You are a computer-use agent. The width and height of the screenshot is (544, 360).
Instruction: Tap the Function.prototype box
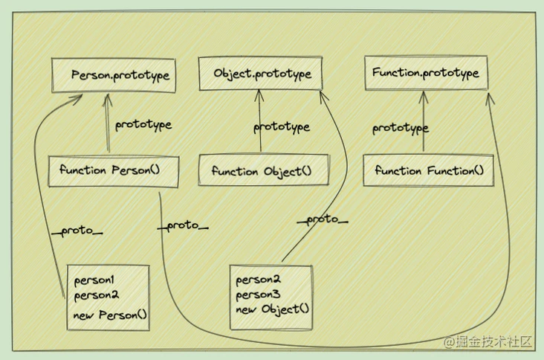pyautogui.click(x=426, y=73)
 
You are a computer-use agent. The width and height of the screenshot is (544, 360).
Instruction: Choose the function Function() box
pyautogui.click(x=428, y=170)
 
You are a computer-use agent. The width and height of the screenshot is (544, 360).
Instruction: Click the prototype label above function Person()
pyautogui.click(x=143, y=124)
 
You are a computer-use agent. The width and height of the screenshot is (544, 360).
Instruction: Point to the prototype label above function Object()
pyautogui.click(x=281, y=127)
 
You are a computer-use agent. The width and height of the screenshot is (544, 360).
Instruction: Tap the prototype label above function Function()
pyautogui.click(x=400, y=128)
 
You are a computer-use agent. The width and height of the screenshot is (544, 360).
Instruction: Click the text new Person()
pyautogui.click(x=111, y=315)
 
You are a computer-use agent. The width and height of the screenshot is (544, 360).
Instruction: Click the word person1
pyautogui.click(x=93, y=280)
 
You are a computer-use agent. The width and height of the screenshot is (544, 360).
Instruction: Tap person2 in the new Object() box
pyautogui.click(x=258, y=280)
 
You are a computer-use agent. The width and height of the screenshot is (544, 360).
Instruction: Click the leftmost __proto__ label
pyautogui.click(x=77, y=231)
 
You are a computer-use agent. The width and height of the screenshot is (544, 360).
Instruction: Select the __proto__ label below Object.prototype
pyautogui.click(x=323, y=219)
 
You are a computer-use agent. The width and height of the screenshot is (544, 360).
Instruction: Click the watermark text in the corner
pyautogui.click(x=489, y=341)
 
